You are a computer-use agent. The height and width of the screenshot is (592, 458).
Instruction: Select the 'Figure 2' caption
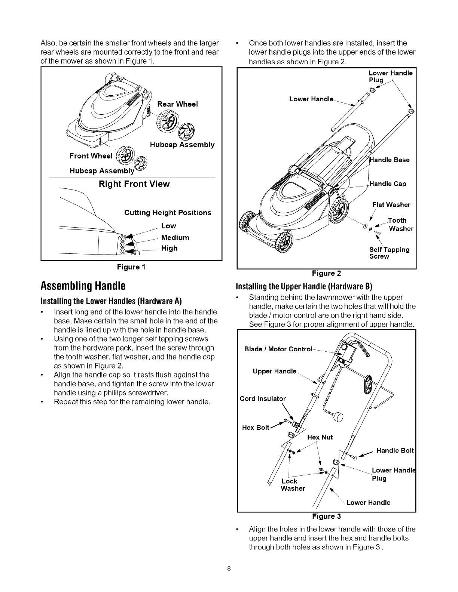tap(326, 273)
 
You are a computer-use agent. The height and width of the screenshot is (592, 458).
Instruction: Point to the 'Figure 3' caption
tap(327, 517)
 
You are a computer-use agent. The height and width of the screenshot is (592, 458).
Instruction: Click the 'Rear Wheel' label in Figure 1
tap(177, 104)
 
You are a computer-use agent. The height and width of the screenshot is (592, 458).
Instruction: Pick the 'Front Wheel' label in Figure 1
tap(91, 156)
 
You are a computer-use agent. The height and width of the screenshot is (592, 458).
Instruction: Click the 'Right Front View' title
tap(134, 184)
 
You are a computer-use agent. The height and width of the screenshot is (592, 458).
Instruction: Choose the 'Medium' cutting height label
tap(175, 238)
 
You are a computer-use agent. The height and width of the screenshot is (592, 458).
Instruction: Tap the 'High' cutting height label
tap(169, 248)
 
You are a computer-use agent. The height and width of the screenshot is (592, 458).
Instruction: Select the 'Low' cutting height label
tap(168, 226)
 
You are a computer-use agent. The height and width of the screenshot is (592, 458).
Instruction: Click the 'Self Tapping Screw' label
tap(389, 253)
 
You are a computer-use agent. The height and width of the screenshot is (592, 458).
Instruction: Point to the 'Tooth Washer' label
tap(399, 225)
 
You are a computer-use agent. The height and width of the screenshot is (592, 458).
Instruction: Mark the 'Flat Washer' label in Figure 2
tap(391, 205)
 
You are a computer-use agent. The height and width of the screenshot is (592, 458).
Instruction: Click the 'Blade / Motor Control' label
tap(278, 349)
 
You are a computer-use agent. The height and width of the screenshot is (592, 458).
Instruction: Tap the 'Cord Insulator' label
tap(263, 398)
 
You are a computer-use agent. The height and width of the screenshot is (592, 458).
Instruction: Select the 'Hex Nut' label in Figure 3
tap(320, 437)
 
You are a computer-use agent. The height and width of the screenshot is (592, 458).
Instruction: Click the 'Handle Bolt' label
tap(395, 451)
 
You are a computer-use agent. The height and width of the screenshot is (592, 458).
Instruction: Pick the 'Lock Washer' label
tap(292, 485)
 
